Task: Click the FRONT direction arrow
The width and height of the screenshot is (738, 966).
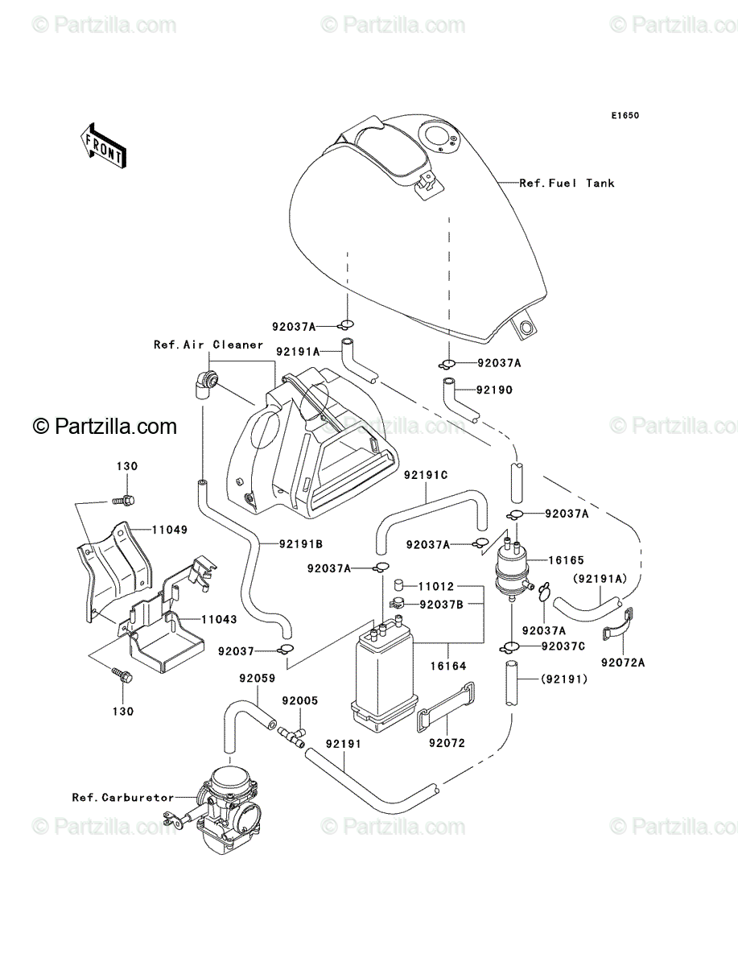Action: pyautogui.click(x=103, y=147)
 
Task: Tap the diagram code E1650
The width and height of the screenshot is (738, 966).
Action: pyautogui.click(x=625, y=116)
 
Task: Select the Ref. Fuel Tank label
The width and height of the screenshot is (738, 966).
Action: pyautogui.click(x=567, y=183)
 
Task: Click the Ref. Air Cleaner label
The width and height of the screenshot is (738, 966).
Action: pyautogui.click(x=208, y=345)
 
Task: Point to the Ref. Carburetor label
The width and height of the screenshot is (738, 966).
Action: pyautogui.click(x=123, y=798)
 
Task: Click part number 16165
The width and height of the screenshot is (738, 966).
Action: pyautogui.click(x=566, y=560)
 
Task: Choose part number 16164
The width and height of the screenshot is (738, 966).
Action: pyautogui.click(x=447, y=666)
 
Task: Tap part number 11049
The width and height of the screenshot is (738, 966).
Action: pyautogui.click(x=170, y=530)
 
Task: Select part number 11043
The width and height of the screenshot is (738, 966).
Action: pyautogui.click(x=219, y=620)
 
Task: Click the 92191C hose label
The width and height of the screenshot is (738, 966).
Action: pyautogui.click(x=426, y=475)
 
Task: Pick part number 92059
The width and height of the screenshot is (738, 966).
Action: pyautogui.click(x=258, y=679)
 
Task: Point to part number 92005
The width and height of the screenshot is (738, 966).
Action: pyautogui.click(x=300, y=700)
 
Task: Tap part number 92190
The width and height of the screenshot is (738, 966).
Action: pyautogui.click(x=494, y=390)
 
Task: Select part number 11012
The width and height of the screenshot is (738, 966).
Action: pyautogui.click(x=436, y=586)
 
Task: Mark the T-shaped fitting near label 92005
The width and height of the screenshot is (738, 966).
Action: pyautogui.click(x=292, y=737)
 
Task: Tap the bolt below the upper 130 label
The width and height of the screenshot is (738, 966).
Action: pyautogui.click(x=124, y=500)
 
